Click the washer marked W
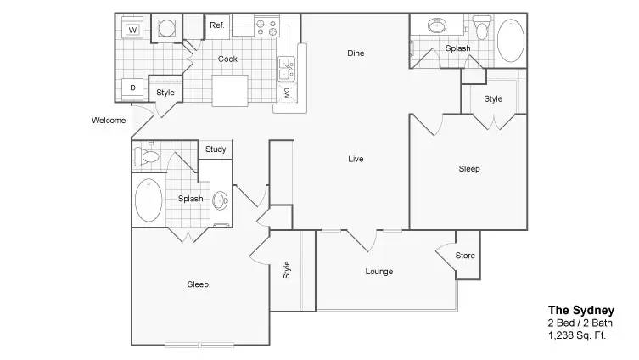click(x=132, y=28)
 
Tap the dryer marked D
click(x=132, y=88)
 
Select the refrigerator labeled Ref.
click(x=217, y=26)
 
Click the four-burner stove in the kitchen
click(x=267, y=25)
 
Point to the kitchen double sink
click(x=286, y=70)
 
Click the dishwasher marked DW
click(x=287, y=93)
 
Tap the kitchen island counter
click(x=230, y=91)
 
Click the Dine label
click(x=356, y=53)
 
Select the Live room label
click(x=356, y=159)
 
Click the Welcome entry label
click(x=109, y=121)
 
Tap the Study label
click(x=216, y=149)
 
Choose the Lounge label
click(x=379, y=272)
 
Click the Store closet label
click(x=465, y=256)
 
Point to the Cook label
click(x=227, y=59)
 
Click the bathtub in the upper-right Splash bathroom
click(x=511, y=41)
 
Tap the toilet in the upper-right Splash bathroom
click(x=482, y=27)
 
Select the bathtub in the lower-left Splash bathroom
click(x=149, y=200)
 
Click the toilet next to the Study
click(x=146, y=156)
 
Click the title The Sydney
click(x=581, y=311)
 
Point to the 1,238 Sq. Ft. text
click(x=577, y=335)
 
